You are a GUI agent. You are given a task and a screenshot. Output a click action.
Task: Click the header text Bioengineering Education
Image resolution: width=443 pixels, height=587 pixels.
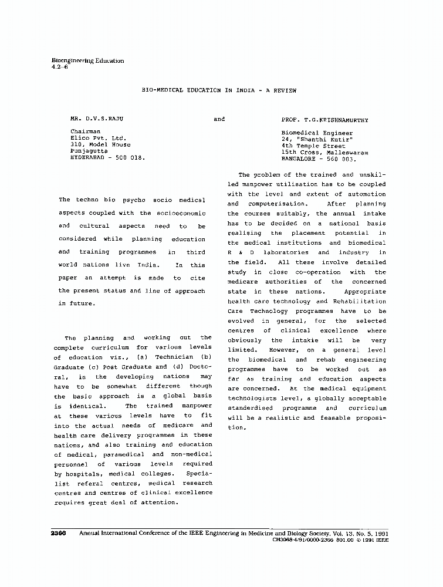(x=87, y=60)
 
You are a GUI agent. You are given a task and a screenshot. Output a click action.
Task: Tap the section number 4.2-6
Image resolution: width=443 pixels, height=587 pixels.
(x=60, y=67)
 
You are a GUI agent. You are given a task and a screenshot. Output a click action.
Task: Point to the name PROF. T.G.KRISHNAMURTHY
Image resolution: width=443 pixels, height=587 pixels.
(x=324, y=119)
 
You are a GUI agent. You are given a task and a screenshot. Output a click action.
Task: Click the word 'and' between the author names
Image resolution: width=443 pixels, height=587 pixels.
(x=219, y=119)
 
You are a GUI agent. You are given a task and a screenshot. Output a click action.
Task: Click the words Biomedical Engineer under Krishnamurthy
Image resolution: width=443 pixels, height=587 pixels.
(x=317, y=133)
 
